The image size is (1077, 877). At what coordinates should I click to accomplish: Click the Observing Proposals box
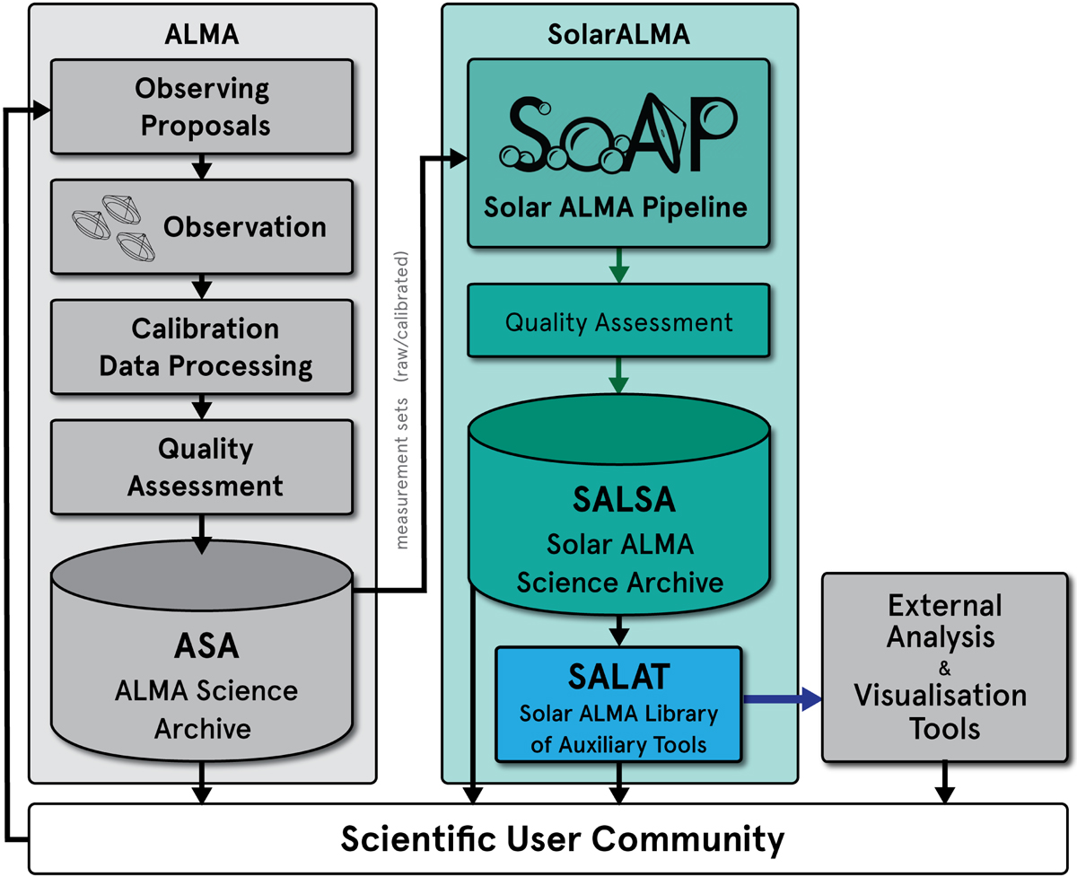[x=202, y=107]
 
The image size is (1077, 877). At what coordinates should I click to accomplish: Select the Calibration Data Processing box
[x=202, y=347]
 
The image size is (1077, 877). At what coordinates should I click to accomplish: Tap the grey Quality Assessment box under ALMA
[x=202, y=467]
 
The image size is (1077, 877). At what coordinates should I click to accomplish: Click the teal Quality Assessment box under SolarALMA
[x=619, y=322]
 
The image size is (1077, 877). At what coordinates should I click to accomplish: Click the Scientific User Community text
[x=563, y=839]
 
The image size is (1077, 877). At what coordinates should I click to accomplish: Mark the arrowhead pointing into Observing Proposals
[x=42, y=110]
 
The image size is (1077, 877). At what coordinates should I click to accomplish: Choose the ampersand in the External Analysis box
[x=942, y=667]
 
